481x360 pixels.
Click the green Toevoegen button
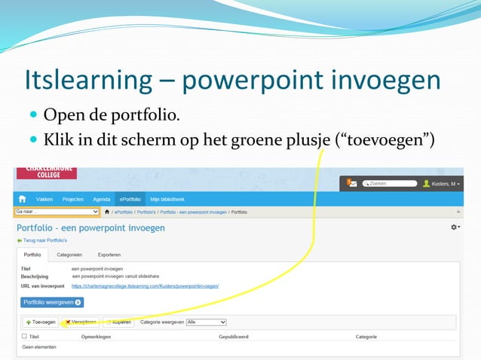pyautogui.click(x=41, y=322)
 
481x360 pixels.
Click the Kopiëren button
pyautogui.click(x=120, y=322)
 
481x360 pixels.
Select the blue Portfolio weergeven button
pyautogui.click(x=52, y=303)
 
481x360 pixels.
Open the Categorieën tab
pyautogui.click(x=69, y=255)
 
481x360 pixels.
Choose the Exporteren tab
pyautogui.click(x=109, y=255)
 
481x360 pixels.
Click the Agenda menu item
pyautogui.click(x=101, y=199)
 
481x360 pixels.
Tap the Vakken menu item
pyautogui.click(x=44, y=199)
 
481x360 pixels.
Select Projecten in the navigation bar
pyautogui.click(x=72, y=199)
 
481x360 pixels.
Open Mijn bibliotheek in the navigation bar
pyautogui.click(x=167, y=199)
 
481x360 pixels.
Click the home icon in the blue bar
pyautogui.click(x=23, y=199)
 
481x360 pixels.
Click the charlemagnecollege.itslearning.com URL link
pyautogui.click(x=145, y=286)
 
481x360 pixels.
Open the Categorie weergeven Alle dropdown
pyautogui.click(x=206, y=322)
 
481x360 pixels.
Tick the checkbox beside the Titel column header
pyautogui.click(x=24, y=337)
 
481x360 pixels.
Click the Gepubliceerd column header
pyautogui.click(x=234, y=337)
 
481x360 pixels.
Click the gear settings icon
pyautogui.click(x=455, y=227)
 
